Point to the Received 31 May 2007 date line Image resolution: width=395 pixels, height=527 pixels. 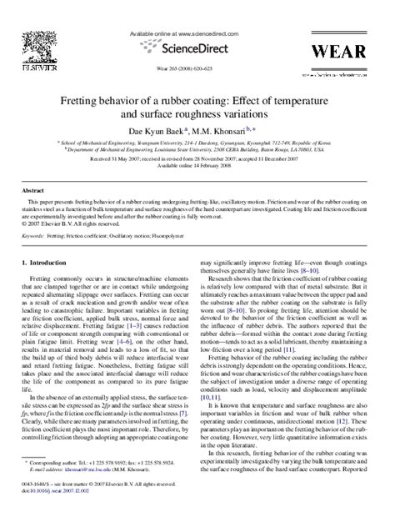(197, 156)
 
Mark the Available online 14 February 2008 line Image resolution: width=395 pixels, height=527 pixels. (197, 164)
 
